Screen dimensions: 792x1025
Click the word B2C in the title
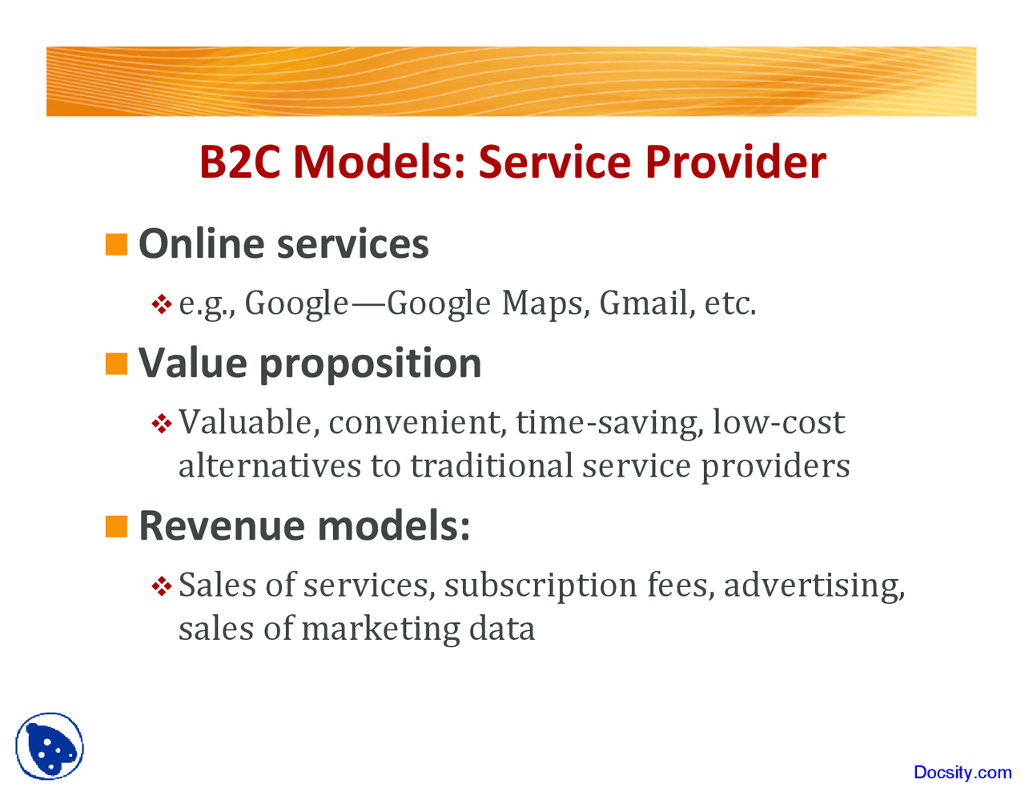tap(239, 162)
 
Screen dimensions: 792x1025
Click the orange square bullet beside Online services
tap(117, 245)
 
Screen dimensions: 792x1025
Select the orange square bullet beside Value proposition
tap(117, 364)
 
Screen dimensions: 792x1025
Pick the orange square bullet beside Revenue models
tap(117, 526)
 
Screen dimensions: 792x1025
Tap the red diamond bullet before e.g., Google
tap(162, 304)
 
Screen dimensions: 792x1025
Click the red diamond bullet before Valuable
tap(162, 424)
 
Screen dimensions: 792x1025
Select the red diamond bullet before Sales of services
tap(162, 586)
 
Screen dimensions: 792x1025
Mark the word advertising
tap(814, 586)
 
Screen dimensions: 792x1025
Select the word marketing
tap(380, 629)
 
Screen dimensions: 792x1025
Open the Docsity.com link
tap(963, 772)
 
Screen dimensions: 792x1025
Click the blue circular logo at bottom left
tap(50, 746)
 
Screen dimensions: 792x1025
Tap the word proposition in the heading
tap(370, 364)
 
